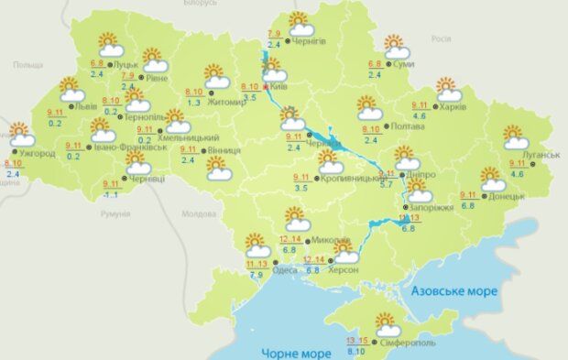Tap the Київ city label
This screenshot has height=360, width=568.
(280, 88)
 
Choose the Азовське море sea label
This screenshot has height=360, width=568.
(453, 290)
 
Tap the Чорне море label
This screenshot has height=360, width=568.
(294, 352)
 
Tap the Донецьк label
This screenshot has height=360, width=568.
(507, 195)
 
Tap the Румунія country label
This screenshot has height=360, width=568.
(116, 213)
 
